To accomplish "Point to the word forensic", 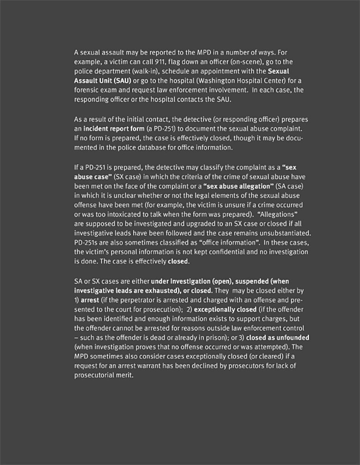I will coord(86,90).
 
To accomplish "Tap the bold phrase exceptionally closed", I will coord(220,309).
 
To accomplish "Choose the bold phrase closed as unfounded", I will coord(278,338).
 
